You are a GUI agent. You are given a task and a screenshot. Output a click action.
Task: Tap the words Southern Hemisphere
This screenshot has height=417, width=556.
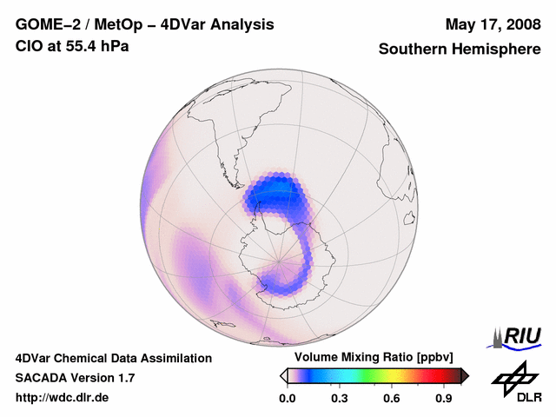tap(460, 50)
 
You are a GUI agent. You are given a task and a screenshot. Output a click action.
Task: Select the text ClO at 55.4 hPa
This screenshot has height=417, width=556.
tap(72, 46)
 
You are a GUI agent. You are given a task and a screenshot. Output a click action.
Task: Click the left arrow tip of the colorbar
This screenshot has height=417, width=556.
tap(283, 375)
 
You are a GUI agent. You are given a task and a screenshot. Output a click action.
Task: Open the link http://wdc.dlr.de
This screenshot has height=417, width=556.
tap(63, 398)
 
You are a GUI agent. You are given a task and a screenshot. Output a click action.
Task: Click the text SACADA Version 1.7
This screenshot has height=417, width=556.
tap(75, 378)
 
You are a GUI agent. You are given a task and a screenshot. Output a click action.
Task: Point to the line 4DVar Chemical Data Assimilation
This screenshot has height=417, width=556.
tap(113, 358)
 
